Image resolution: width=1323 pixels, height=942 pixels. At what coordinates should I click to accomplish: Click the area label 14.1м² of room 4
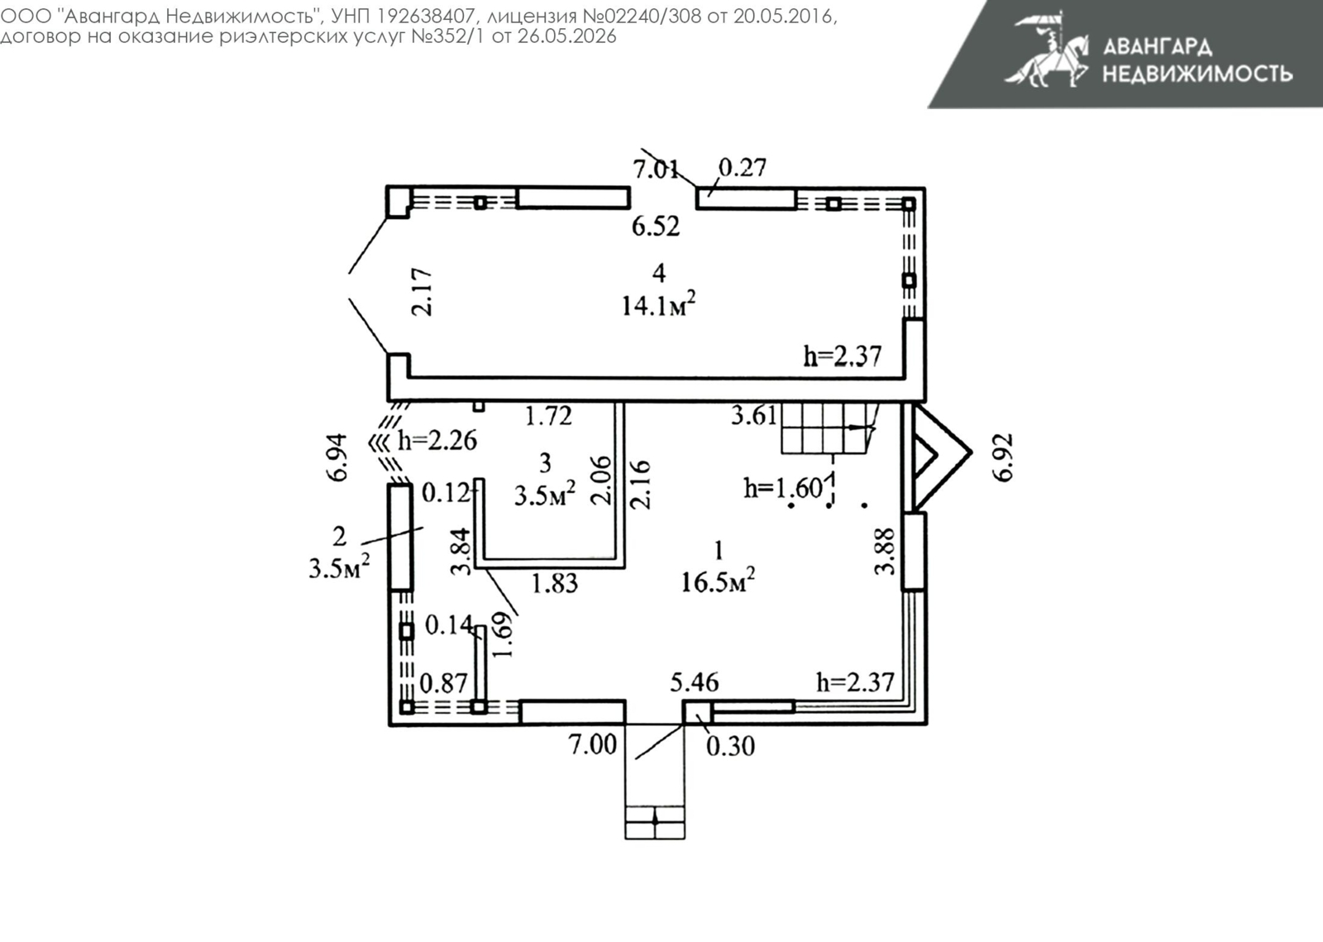click(658, 304)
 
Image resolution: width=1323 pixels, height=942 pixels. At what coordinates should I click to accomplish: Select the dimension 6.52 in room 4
click(656, 227)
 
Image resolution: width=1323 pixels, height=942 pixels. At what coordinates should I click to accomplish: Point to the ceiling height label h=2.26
click(437, 441)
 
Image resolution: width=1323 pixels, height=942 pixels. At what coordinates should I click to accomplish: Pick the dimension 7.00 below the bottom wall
click(592, 744)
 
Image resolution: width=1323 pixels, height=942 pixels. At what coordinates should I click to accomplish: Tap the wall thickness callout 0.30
click(731, 747)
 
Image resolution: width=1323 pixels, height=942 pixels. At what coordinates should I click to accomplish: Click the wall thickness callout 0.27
click(743, 168)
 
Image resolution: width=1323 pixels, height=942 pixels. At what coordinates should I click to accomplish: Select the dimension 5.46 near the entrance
click(695, 683)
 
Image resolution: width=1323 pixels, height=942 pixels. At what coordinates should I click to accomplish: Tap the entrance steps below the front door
click(655, 822)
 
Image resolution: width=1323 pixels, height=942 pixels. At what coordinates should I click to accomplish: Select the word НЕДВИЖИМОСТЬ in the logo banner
click(1198, 74)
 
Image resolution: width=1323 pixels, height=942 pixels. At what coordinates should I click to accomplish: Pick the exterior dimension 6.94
click(338, 458)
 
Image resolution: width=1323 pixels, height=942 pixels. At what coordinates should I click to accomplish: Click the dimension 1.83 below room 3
click(555, 584)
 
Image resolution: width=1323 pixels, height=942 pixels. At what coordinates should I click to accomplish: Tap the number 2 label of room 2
click(339, 537)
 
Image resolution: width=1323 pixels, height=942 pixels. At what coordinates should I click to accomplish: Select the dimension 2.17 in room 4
click(423, 292)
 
